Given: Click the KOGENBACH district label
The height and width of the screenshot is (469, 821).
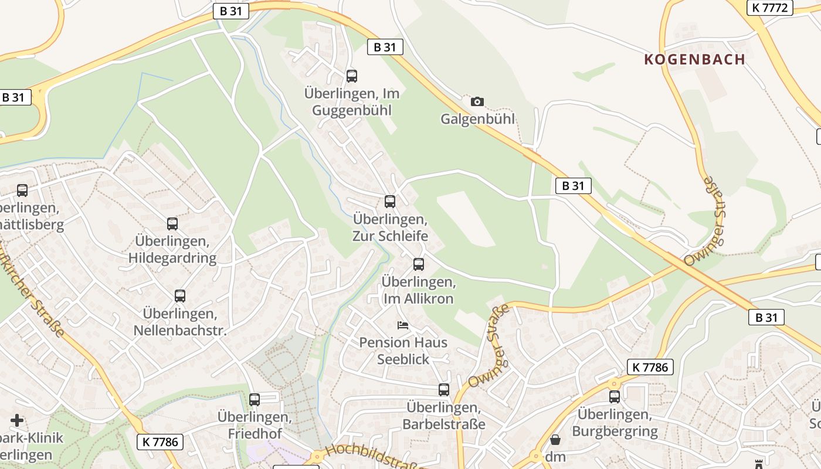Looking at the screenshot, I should (x=694, y=59).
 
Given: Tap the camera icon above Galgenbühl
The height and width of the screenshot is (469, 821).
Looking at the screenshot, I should (x=477, y=101).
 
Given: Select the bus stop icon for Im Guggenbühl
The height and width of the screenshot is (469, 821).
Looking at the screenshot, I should (x=351, y=76).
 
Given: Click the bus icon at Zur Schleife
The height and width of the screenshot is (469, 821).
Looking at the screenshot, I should (x=389, y=202).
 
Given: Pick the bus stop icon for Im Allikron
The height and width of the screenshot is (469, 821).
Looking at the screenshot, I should (x=418, y=264).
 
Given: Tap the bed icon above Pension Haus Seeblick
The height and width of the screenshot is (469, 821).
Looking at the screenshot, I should (x=402, y=325).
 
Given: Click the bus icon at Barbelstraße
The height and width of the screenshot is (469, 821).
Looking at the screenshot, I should (x=444, y=390).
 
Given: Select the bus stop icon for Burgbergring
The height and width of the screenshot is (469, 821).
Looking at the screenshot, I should (x=614, y=397).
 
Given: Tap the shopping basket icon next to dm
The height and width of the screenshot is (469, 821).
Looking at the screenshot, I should (x=555, y=439).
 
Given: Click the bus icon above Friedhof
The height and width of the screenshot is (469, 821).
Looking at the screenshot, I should (x=254, y=400).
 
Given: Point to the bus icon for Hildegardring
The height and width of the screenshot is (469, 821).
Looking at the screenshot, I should (x=172, y=224).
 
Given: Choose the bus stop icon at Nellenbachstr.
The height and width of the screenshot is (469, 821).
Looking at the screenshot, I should (x=179, y=296).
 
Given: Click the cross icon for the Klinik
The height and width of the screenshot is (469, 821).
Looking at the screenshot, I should (x=17, y=420).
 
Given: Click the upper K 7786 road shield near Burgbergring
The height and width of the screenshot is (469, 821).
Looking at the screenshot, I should (x=650, y=368).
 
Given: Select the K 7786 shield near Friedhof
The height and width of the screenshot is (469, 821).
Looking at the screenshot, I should (x=160, y=442).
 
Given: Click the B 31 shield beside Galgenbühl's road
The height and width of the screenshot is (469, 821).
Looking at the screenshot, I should (x=385, y=47).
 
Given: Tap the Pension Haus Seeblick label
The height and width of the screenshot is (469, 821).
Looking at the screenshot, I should (x=403, y=351).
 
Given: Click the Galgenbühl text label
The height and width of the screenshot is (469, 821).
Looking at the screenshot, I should (x=477, y=119).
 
